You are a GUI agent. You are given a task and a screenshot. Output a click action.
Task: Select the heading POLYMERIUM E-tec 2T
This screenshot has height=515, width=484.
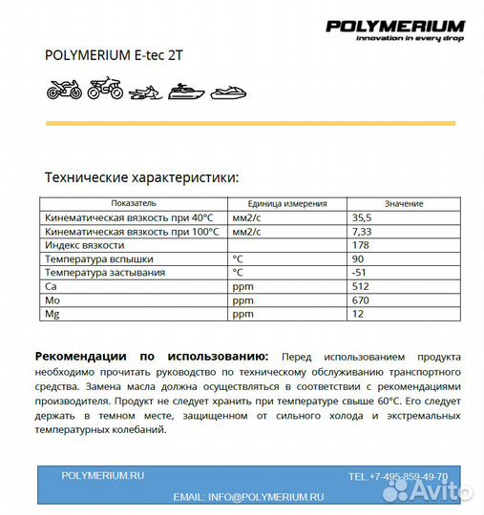pyautogui.click(x=114, y=54)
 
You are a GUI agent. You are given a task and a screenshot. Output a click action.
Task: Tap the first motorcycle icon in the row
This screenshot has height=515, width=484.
pyautogui.click(x=64, y=92)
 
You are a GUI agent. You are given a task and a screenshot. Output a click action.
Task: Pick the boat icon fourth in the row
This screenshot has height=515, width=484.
pyautogui.click(x=185, y=92)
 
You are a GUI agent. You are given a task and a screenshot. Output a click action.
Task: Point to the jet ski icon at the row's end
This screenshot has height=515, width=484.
pyautogui.click(x=228, y=92)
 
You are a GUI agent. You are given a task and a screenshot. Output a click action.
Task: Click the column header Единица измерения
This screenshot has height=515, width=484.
pyautogui.click(x=286, y=203)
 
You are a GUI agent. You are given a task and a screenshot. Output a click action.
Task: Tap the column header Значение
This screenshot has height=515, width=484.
pyautogui.click(x=404, y=203)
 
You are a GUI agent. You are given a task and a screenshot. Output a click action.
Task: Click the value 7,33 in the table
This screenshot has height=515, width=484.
pyautogui.click(x=362, y=231)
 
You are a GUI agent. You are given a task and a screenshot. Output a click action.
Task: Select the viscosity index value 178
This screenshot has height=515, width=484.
pyautogui.click(x=360, y=245)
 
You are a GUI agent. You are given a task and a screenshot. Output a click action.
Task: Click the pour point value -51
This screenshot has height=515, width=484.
pyautogui.click(x=359, y=272)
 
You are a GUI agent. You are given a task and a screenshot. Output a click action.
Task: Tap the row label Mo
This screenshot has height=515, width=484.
pyautogui.click(x=52, y=299)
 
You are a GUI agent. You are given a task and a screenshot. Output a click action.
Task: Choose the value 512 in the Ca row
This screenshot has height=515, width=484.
pyautogui.click(x=360, y=286)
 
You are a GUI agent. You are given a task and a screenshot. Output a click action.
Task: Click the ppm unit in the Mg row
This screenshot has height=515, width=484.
pyautogui.click(x=242, y=313)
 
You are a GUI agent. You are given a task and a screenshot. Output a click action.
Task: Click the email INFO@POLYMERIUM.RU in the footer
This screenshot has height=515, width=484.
pyautogui.click(x=248, y=497)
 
